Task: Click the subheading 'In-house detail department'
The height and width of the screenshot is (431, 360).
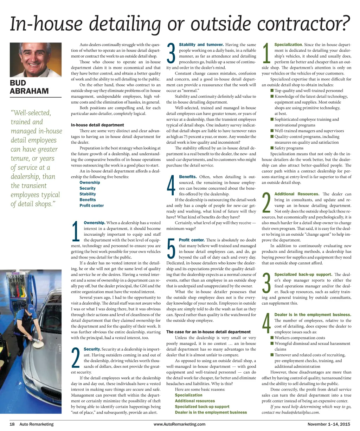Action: [97, 125]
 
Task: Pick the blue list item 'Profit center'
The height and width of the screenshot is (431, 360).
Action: [92, 205]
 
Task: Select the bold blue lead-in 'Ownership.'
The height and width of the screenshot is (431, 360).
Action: [95, 223]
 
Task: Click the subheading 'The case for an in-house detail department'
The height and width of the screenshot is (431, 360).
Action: [208, 332]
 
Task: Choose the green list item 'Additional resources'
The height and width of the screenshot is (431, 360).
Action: [195, 401]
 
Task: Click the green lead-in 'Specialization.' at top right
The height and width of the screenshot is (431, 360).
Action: [288, 45]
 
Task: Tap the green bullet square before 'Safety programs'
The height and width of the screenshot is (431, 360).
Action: [272, 148]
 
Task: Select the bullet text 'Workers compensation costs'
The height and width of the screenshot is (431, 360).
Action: [300, 338]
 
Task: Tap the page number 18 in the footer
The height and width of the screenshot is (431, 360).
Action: [12, 424]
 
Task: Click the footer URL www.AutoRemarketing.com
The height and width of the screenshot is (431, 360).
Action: [180, 424]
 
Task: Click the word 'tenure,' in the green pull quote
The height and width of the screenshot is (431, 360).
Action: [22, 158]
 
